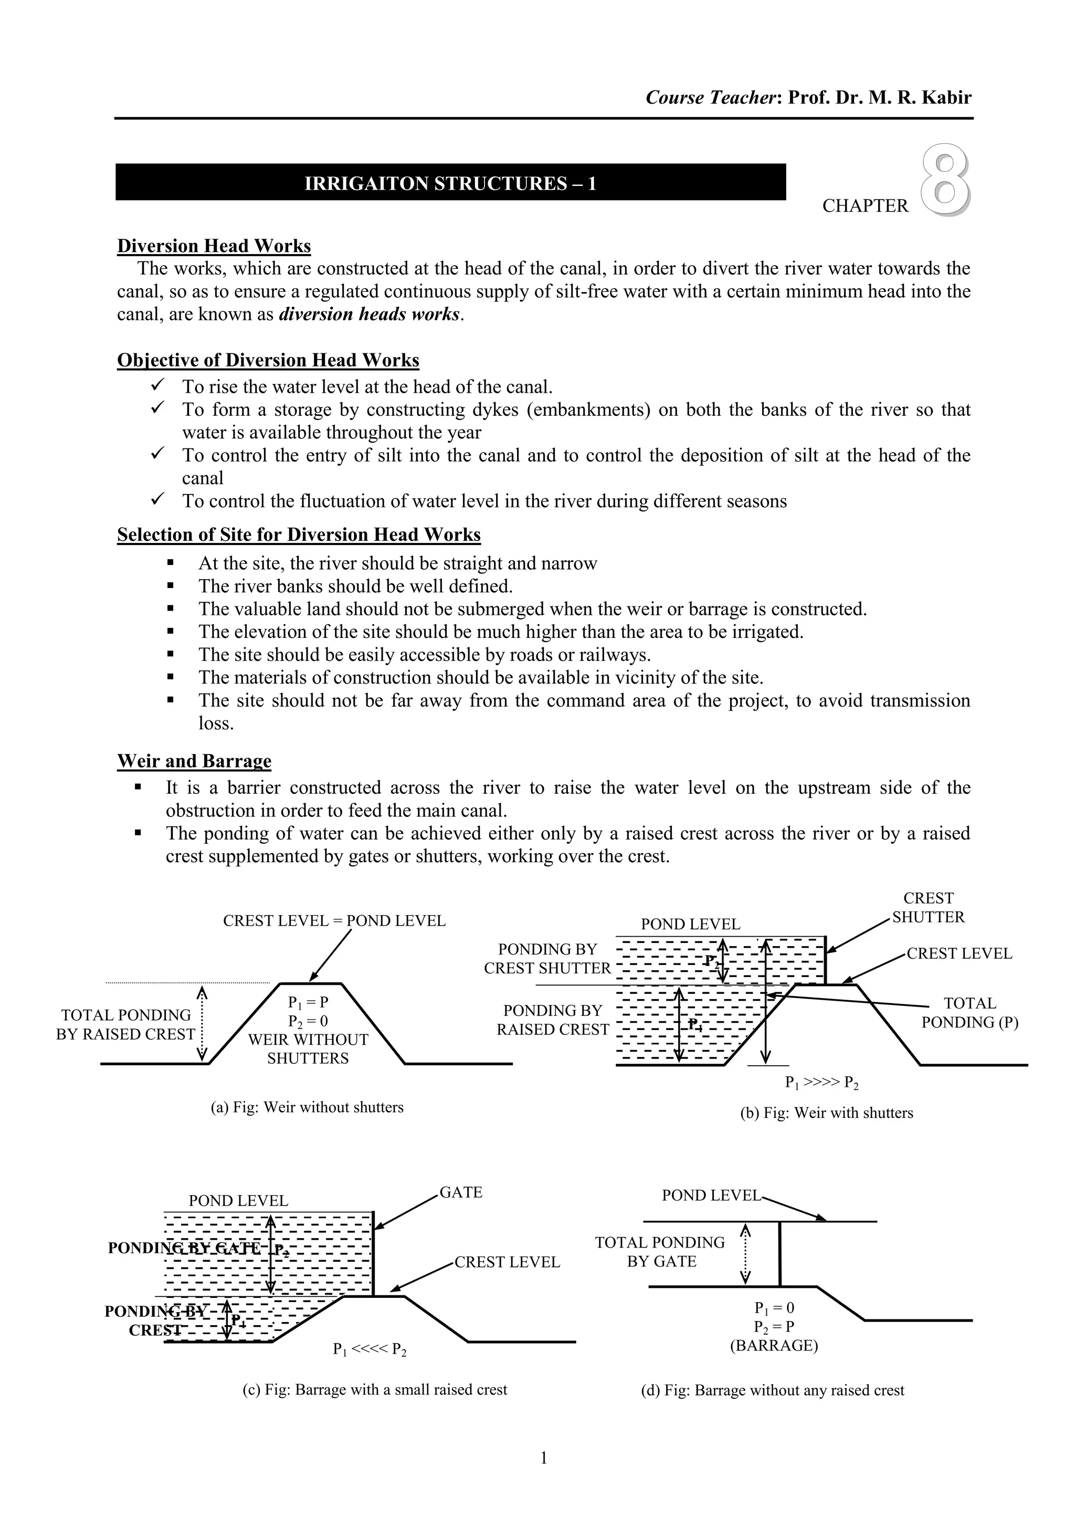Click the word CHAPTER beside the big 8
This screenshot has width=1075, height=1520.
point(865,206)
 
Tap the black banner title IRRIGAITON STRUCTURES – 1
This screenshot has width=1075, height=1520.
point(450,183)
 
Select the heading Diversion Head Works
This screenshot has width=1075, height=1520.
point(214,246)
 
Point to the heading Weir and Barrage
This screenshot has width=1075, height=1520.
point(194,761)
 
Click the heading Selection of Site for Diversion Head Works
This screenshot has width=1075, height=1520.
point(299,535)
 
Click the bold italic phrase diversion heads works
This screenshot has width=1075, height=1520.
point(368,314)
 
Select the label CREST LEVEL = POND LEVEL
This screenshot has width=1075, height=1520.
point(334,921)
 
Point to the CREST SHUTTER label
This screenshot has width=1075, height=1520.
point(928,908)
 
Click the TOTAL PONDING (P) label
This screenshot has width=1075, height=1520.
point(969,1013)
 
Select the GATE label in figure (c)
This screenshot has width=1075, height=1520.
point(461,1192)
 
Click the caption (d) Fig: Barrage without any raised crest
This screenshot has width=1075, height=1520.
point(772,1390)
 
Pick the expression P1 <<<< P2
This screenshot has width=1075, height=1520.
point(370,1350)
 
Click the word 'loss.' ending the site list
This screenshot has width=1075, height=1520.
point(216,724)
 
